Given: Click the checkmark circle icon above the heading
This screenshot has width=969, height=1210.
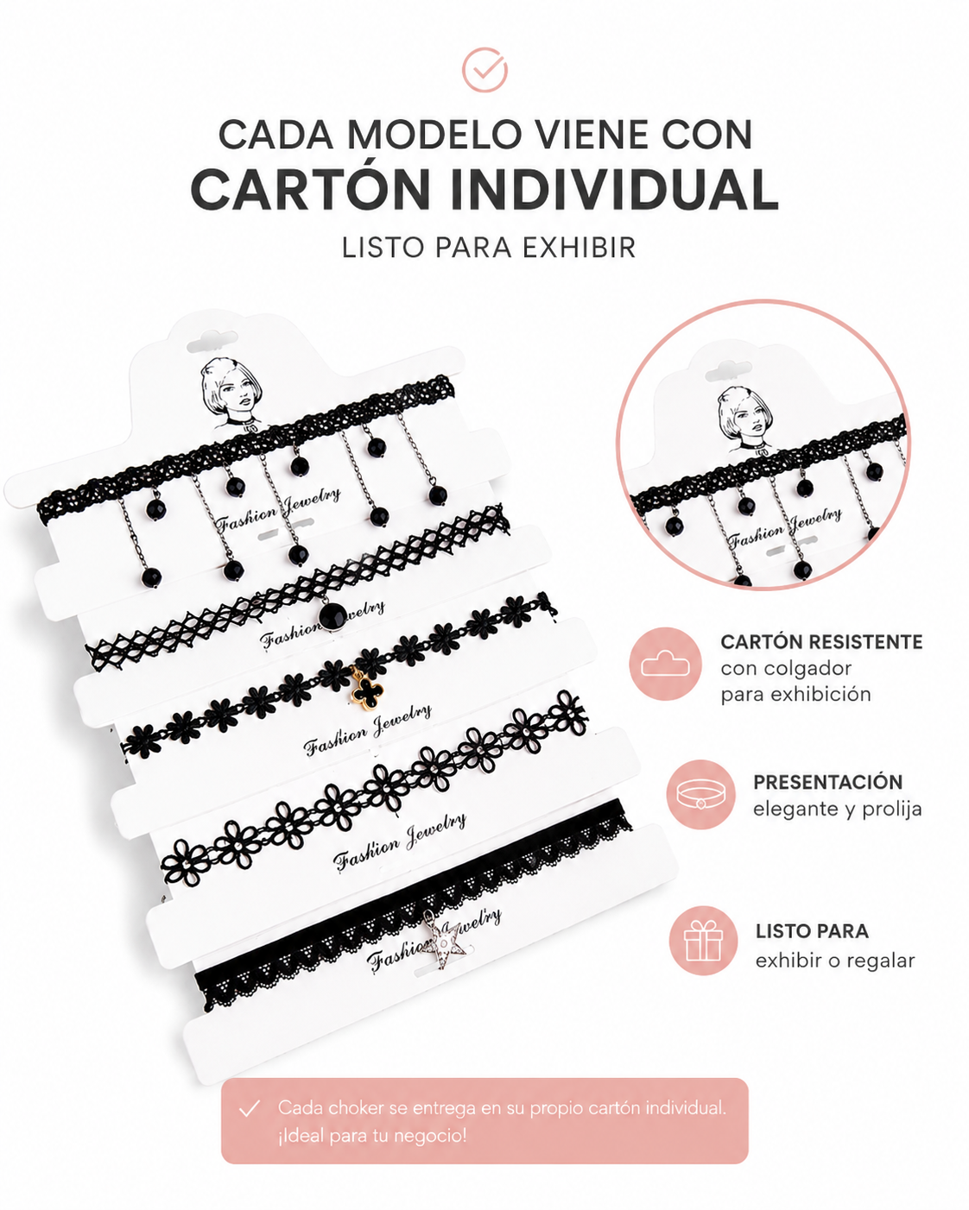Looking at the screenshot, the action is pyautogui.click(x=484, y=70).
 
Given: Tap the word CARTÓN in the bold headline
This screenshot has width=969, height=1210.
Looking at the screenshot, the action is pyautogui.click(x=311, y=190).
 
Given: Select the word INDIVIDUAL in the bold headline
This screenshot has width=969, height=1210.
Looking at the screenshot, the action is pyautogui.click(x=615, y=190).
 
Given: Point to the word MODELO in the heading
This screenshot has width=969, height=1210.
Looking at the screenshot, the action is pyautogui.click(x=434, y=135).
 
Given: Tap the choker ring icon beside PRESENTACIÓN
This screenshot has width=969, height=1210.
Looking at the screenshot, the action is pyautogui.click(x=701, y=794).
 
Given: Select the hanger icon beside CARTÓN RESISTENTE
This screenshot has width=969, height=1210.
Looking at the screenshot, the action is pyautogui.click(x=665, y=664).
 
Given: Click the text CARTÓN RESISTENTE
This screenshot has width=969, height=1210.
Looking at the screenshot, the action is pyautogui.click(x=821, y=641).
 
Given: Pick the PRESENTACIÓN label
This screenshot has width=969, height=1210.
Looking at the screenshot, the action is pyautogui.click(x=827, y=782).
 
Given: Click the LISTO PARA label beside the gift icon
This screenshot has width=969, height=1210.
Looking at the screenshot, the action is pyautogui.click(x=812, y=931).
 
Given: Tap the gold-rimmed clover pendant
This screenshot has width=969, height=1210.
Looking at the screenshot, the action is pyautogui.click(x=364, y=692).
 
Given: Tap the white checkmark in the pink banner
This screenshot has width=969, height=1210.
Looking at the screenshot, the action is pyautogui.click(x=249, y=1108).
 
